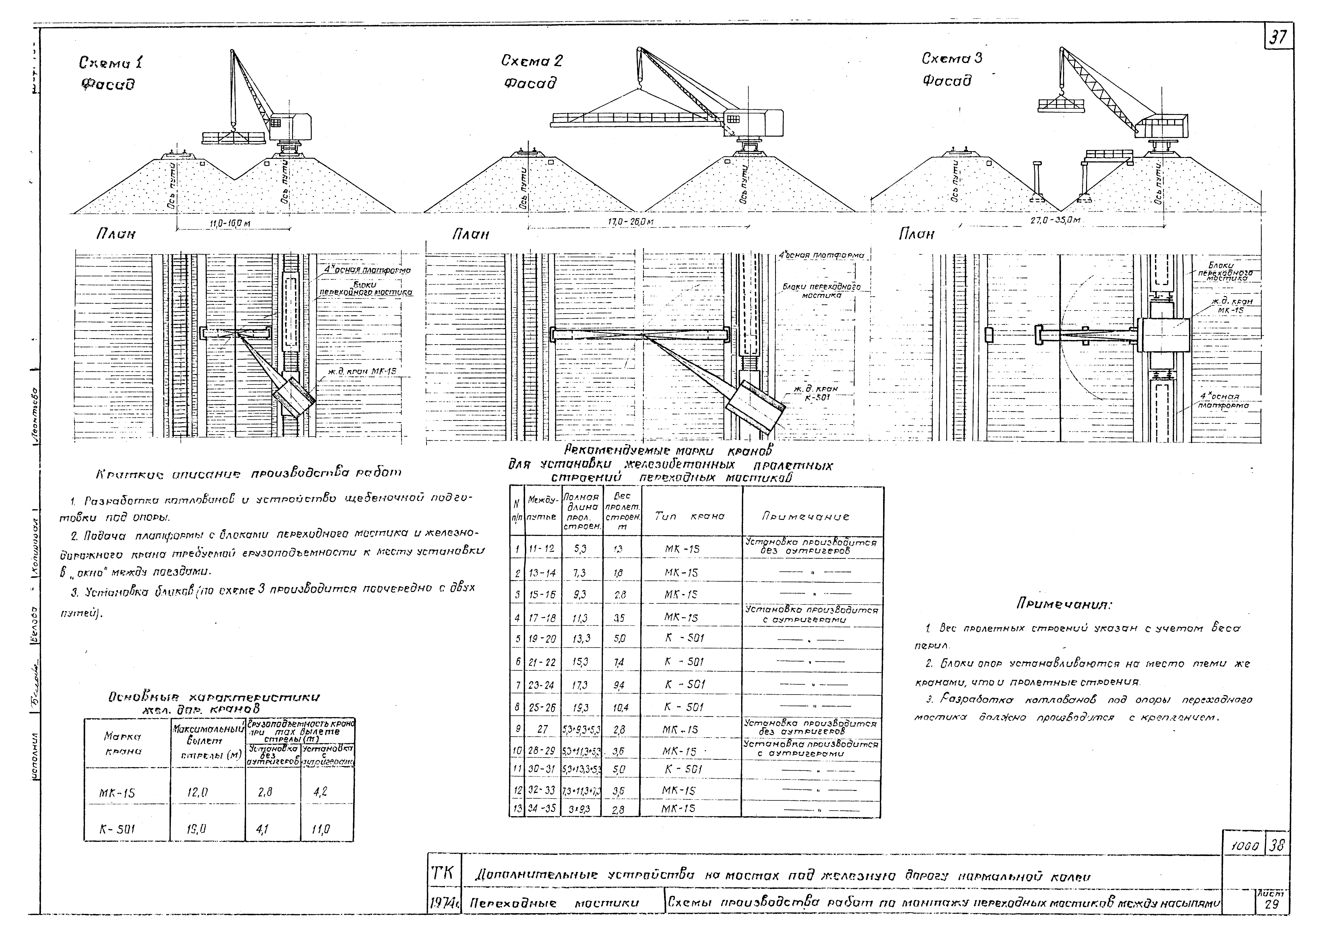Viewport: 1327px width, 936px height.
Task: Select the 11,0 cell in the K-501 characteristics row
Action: click(321, 830)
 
